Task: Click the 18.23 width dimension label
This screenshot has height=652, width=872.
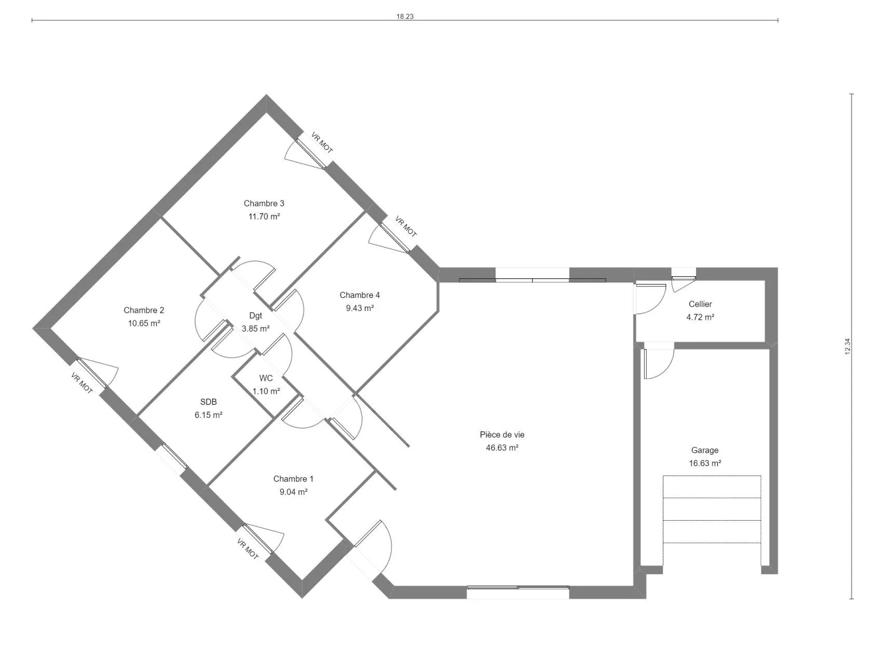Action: [x=404, y=16]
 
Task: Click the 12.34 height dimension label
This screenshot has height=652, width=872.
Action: [x=848, y=346]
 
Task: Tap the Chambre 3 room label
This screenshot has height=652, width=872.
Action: [x=264, y=203]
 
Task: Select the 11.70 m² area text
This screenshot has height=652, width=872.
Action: [x=264, y=216]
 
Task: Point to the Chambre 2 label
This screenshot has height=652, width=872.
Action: [x=143, y=310]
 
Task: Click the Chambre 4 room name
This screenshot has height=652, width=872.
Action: [x=360, y=295]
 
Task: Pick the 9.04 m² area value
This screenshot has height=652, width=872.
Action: [x=293, y=492]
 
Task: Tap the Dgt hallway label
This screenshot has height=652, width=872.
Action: [x=255, y=316]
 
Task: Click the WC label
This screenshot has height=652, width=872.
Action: [x=266, y=378]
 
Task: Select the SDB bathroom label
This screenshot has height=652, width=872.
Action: [x=208, y=402]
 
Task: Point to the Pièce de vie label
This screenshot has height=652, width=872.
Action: [x=502, y=434]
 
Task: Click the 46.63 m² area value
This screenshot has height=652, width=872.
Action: [x=502, y=448]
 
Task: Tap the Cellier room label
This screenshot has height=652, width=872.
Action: [x=700, y=304]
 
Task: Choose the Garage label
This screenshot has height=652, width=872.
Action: [x=705, y=450]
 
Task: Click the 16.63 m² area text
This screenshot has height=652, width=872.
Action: [x=705, y=463]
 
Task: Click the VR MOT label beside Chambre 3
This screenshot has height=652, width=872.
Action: [x=322, y=143]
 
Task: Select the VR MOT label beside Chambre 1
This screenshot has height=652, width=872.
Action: [x=248, y=549]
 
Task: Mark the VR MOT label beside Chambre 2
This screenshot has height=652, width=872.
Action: [x=82, y=384]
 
